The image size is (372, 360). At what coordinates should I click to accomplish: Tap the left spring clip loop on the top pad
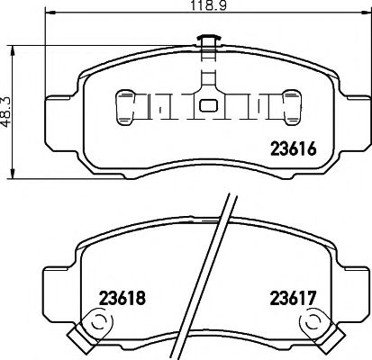pos(124,107)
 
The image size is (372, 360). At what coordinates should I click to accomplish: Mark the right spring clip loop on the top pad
pos(292,107)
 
